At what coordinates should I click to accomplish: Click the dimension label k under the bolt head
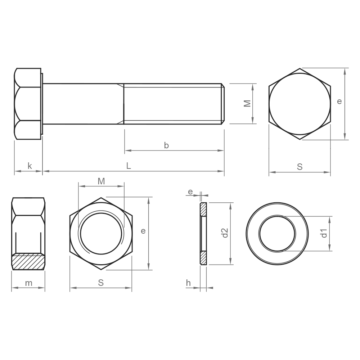coord(30,166)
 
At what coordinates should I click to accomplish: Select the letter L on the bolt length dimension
coord(129,166)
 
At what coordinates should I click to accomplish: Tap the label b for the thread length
coord(166,145)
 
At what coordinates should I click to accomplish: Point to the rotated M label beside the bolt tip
coord(247,104)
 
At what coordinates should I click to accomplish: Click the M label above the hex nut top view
coord(101,181)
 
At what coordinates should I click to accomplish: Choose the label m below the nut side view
coord(29,283)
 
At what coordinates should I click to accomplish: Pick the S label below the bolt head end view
coord(300,167)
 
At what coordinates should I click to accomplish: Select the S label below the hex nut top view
coord(101,283)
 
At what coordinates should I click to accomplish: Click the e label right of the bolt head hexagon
coord(339,101)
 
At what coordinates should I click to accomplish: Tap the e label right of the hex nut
coord(143,231)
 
